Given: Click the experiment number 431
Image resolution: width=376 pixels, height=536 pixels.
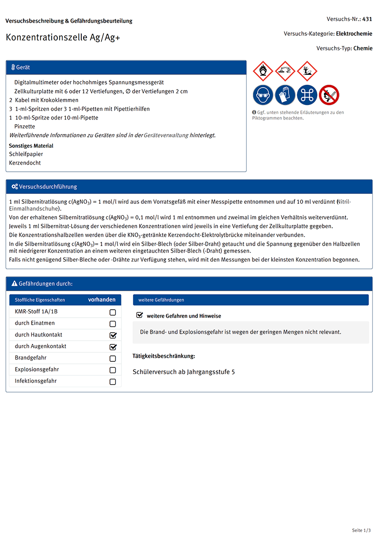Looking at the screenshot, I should click(367, 19).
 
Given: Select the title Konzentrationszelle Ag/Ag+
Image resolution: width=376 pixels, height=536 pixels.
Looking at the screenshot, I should click(63, 38).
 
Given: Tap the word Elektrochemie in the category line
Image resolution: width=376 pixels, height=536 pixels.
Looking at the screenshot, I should click(354, 34).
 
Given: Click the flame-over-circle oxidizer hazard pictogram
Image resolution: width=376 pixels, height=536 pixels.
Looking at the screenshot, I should click(263, 71).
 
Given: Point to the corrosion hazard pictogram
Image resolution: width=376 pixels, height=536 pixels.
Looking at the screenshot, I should click(285, 71).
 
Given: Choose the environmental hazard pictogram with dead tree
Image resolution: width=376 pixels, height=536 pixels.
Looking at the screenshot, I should click(307, 71).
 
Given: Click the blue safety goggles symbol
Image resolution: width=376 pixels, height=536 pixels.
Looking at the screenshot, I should click(263, 95).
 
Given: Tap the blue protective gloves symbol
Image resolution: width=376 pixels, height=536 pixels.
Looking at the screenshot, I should click(285, 95).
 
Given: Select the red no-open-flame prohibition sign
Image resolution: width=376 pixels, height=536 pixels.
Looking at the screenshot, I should click(329, 95).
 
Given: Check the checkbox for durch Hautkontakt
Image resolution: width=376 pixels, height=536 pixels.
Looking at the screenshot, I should click(113, 336).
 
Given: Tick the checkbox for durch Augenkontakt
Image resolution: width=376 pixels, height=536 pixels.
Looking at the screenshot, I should click(113, 347).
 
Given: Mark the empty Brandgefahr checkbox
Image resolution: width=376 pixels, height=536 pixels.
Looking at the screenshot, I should click(113, 359).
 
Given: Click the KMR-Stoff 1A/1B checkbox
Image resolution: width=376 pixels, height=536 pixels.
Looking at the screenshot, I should click(113, 312).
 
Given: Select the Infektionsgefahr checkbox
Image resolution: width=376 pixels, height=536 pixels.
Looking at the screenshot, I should click(113, 382).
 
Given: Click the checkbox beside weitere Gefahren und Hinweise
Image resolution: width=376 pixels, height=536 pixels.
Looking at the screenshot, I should click(140, 315).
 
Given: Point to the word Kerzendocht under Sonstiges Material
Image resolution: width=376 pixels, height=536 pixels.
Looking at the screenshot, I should click(25, 163).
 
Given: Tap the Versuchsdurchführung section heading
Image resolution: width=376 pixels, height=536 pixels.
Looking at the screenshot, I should click(48, 187).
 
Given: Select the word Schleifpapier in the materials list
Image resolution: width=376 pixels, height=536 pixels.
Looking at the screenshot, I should click(26, 154).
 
